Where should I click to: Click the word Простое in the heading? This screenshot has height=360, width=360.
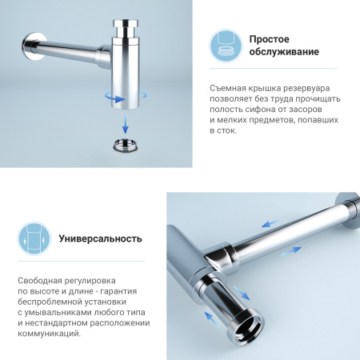(x=269, y=39)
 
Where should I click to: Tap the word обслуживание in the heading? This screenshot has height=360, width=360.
(x=284, y=53)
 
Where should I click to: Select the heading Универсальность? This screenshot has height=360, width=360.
(x=100, y=238)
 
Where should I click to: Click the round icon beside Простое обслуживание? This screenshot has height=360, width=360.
(x=226, y=46)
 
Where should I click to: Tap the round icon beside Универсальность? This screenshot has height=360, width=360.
(x=34, y=238)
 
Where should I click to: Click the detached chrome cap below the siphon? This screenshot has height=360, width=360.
(x=127, y=147)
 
